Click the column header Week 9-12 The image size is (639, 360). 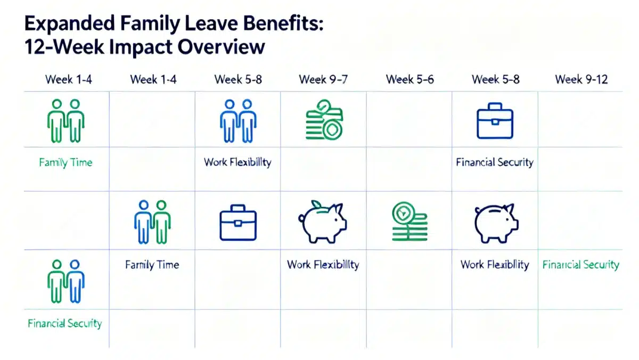tap(581, 80)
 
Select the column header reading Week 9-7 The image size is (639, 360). tap(323, 80)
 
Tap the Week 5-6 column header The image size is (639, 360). tap(409, 80)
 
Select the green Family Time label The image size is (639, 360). tap(65, 162)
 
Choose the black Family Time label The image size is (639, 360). tap(152, 265)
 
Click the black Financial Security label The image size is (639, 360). tap(494, 162)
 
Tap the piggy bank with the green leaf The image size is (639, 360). tap(322, 222)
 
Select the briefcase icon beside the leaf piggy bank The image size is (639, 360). tap(237, 223)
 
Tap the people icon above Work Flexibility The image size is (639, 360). tap(237, 121)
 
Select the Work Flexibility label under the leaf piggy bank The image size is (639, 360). tap(323, 265)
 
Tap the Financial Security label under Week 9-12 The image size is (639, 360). tap(580, 265)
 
